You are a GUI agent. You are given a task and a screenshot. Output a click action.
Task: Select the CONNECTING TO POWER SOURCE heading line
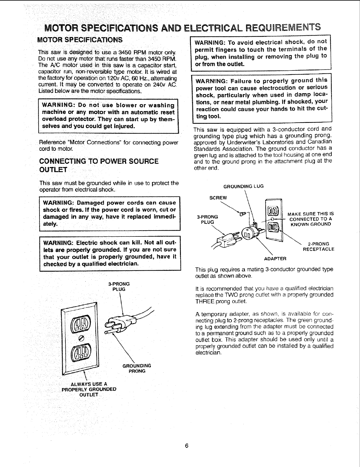pyautogui.click(x=99, y=161)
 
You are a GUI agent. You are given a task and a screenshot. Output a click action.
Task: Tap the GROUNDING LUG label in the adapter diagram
pyautogui.click(x=244, y=186)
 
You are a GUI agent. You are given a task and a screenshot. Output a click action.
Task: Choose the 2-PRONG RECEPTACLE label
pyautogui.click(x=319, y=246)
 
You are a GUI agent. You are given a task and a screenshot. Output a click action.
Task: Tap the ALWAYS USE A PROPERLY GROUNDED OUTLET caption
pyautogui.click(x=89, y=389)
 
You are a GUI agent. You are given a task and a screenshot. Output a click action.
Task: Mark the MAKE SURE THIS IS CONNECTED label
pyautogui.click(x=310, y=219)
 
